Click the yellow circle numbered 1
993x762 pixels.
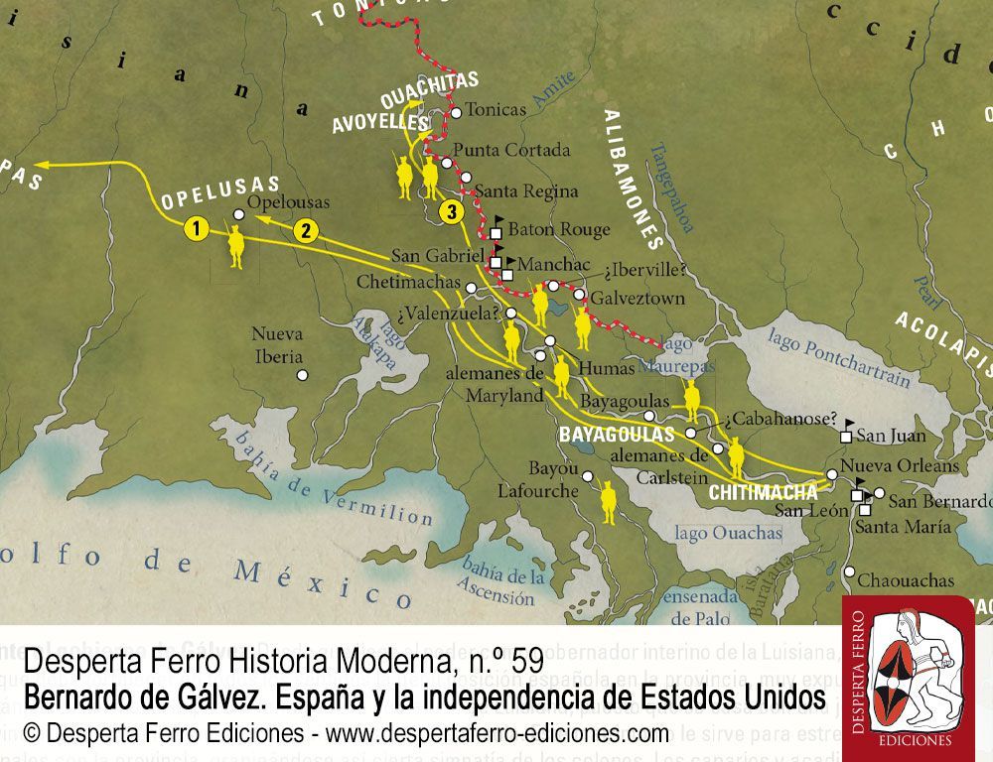(197, 229)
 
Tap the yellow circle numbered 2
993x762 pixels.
(307, 231)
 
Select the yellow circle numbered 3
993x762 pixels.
(451, 211)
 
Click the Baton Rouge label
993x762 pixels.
(559, 229)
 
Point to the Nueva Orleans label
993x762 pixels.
(900, 465)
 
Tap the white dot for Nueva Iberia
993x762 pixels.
(303, 374)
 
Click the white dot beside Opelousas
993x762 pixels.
(238, 214)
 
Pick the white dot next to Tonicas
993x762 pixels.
(456, 113)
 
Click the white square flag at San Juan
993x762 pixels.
(846, 436)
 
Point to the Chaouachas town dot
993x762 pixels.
(850, 571)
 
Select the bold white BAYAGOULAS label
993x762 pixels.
(617, 435)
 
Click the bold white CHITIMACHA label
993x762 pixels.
(764, 491)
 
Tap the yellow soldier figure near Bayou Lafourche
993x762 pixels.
(608, 503)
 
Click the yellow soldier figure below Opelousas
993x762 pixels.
(236, 246)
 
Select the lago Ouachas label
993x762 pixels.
(728, 533)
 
